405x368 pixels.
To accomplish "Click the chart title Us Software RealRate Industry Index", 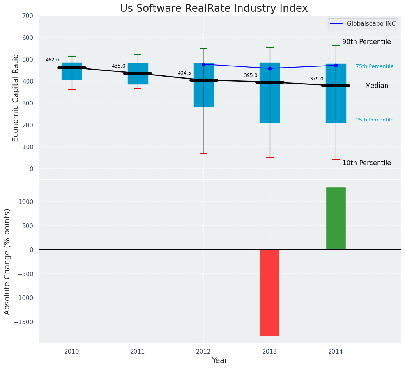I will (214, 9).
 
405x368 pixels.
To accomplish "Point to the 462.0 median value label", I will (52, 60).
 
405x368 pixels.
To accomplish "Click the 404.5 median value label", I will (184, 73).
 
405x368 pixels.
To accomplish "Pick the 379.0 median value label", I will (317, 79).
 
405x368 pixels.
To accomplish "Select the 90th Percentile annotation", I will (366, 42).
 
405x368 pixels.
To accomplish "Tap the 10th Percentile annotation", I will (366, 163).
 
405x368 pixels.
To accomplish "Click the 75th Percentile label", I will (375, 66).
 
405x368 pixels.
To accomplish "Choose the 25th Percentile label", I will (375, 120).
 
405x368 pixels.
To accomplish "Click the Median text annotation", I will (377, 86).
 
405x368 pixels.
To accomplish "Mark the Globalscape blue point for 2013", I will (270, 68).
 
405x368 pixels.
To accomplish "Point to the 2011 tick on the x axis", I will (138, 351).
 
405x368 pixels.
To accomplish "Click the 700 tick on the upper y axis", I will (28, 16).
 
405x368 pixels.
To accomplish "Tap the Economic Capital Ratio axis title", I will (16, 98).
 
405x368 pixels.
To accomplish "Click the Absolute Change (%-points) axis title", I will (7, 261).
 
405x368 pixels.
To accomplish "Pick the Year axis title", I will (220, 361).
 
